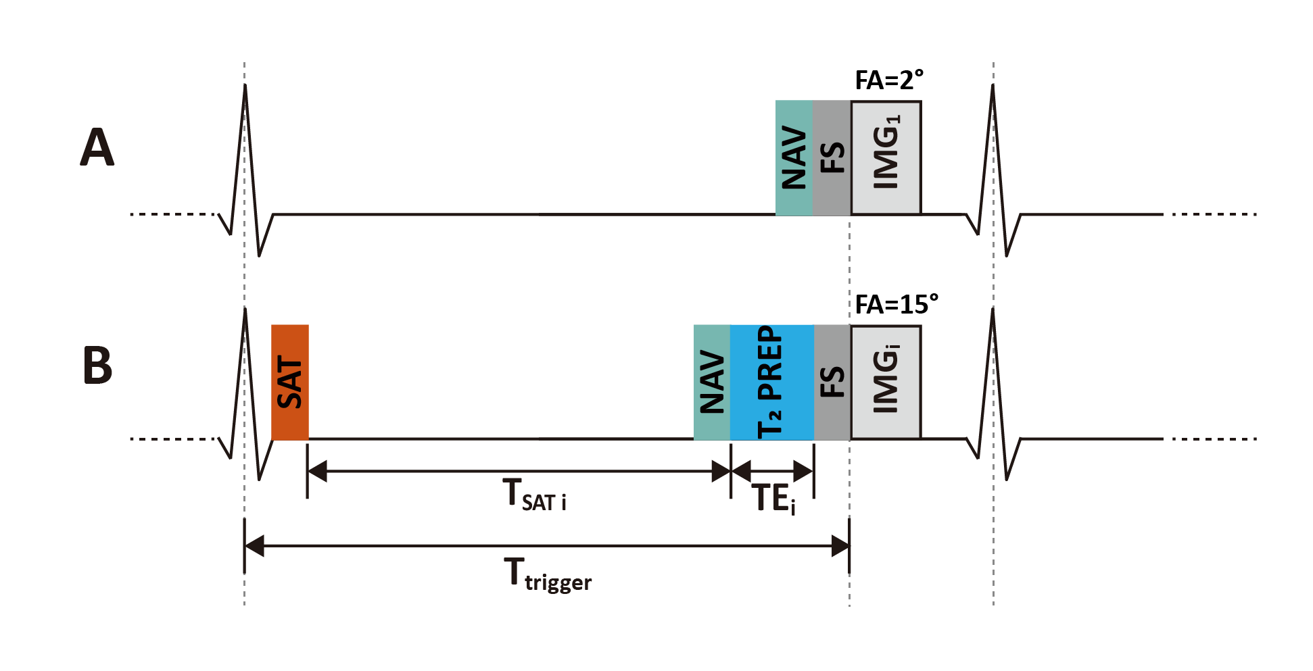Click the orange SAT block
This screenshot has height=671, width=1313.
click(290, 382)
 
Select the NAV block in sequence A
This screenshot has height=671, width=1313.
click(794, 158)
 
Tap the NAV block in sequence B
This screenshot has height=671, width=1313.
click(712, 382)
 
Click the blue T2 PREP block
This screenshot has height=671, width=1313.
click(771, 382)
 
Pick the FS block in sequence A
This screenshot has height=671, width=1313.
click(832, 158)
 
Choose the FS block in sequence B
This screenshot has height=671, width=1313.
click(832, 382)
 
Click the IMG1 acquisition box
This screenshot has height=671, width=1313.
click(886, 158)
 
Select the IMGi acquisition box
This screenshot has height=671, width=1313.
click(886, 382)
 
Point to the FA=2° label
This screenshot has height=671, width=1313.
click(889, 80)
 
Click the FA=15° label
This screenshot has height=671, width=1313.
click(897, 305)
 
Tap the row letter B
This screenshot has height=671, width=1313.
click(97, 366)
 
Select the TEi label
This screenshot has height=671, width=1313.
click(773, 499)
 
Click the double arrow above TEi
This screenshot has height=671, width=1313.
click(772, 471)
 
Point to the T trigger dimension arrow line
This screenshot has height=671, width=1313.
click(546, 545)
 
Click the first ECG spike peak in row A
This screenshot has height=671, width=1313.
click(245, 86)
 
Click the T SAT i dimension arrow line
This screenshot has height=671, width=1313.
click(519, 471)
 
